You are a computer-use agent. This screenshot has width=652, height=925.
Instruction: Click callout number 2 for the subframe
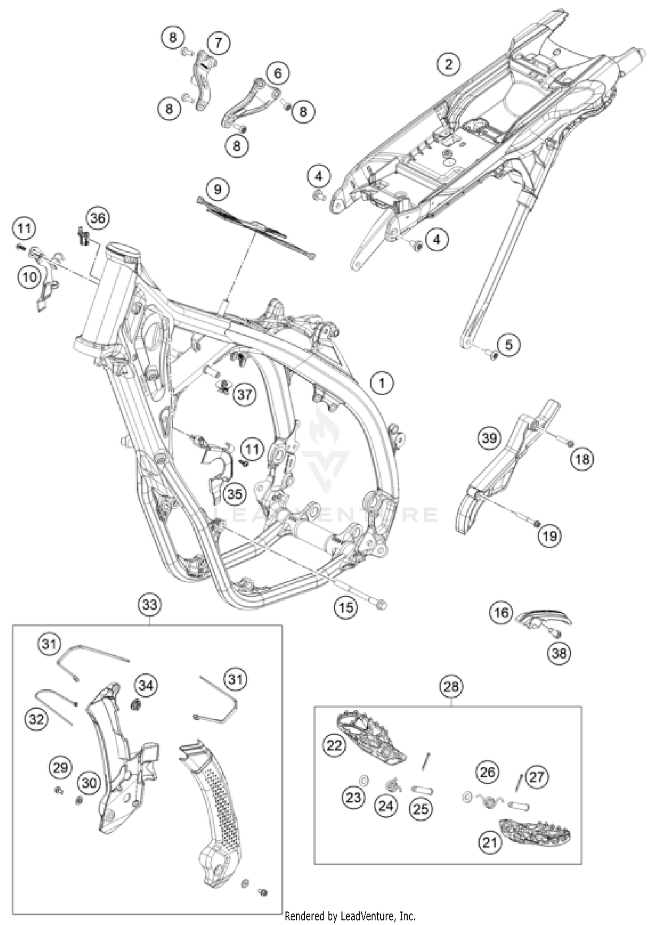click(x=449, y=65)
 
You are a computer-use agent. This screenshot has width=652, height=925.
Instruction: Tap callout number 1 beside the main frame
click(x=382, y=383)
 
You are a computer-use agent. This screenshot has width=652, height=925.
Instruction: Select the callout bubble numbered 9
click(x=217, y=189)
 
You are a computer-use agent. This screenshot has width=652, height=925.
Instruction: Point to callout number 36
click(x=98, y=218)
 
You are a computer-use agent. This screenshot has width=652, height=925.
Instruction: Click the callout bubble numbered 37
click(x=244, y=394)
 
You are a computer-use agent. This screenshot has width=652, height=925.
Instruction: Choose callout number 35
click(x=235, y=494)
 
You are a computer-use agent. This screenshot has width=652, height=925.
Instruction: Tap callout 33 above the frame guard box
click(x=150, y=605)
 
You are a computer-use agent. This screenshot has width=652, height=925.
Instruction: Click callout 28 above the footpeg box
click(x=451, y=687)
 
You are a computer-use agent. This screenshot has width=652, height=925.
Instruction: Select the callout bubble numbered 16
click(x=501, y=613)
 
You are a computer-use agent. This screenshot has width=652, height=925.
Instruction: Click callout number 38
click(x=559, y=653)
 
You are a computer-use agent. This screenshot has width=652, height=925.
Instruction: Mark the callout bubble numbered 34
click(x=146, y=686)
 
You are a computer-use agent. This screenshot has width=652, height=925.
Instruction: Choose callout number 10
click(x=30, y=277)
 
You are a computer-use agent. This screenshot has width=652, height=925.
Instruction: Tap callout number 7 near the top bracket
click(x=218, y=43)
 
